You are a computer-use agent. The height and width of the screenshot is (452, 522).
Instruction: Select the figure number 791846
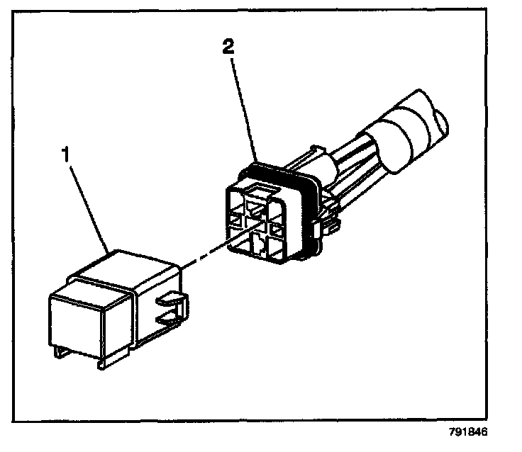tap(469, 431)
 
